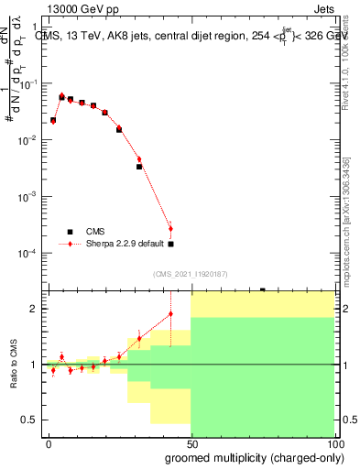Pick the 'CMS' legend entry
coord(96,232)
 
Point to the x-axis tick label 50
coord(191,442)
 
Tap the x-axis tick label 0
coord(48,442)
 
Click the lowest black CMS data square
coord(170,244)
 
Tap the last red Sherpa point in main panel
coord(170,227)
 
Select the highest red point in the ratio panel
coord(170,314)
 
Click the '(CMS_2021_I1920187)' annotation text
coord(190,274)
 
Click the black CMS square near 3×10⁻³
coord(139,167)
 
